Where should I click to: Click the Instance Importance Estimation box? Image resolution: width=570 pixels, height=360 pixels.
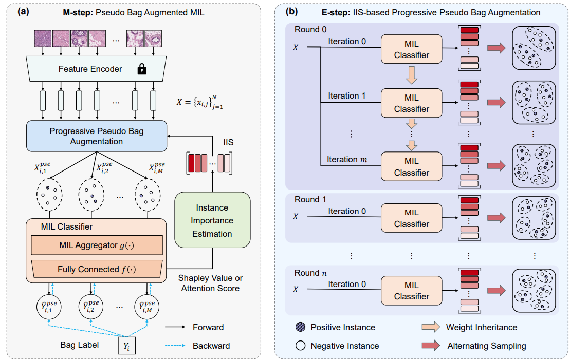coord(212,221)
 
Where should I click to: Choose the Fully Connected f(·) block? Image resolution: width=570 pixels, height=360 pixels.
coord(96,269)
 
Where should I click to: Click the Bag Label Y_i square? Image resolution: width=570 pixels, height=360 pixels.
coord(127,346)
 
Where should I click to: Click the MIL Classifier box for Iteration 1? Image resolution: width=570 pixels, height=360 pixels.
coord(411,103)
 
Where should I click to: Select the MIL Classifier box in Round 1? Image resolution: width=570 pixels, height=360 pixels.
coord(411,218)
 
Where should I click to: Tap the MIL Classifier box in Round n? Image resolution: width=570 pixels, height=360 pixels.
coord(411,290)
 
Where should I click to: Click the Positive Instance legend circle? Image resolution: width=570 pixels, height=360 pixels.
coord(300,327)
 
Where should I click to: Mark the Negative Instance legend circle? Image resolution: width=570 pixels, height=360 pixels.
coord(300,346)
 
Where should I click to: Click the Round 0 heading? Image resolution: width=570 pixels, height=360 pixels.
coord(310,29)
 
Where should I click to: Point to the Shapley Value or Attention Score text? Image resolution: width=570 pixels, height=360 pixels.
coord(210,283)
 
